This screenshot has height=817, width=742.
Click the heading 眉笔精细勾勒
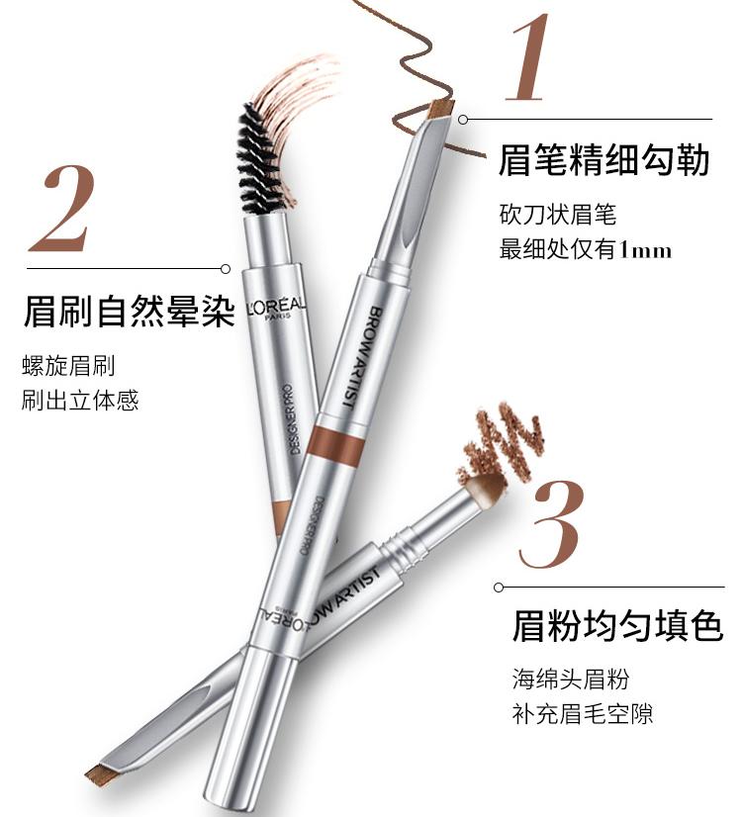pos(603,159)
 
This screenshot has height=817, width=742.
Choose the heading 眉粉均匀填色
pos(617,626)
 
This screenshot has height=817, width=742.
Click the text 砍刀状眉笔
pos(557,213)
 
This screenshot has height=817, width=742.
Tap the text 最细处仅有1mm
pos(585,248)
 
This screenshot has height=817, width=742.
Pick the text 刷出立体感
pos(80,401)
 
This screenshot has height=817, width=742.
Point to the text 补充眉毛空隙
pos(582,713)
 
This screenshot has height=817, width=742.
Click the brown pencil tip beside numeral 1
pos(437,112)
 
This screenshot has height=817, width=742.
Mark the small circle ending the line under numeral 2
pos(226,268)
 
